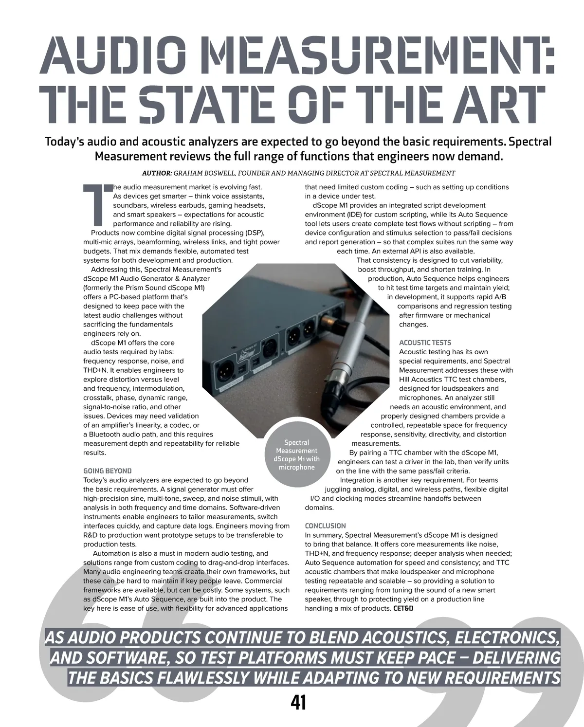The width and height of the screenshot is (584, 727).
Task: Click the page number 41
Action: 298,702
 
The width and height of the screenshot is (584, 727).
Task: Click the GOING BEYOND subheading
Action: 108,471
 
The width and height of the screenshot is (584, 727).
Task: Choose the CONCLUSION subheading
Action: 325,526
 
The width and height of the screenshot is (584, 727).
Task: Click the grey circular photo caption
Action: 296,455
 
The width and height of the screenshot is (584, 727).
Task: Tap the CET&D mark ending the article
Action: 403,608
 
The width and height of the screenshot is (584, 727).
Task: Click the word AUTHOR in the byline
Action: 157,173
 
